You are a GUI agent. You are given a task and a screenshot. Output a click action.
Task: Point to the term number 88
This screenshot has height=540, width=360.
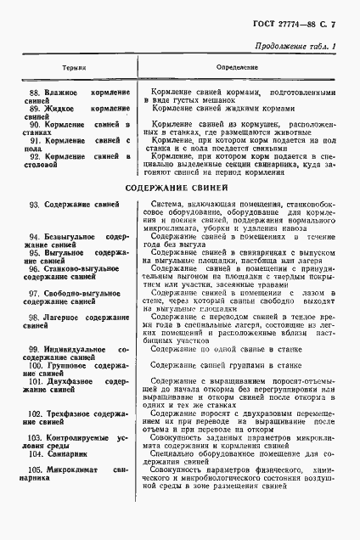36,92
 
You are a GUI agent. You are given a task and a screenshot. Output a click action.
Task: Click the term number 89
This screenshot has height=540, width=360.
36,109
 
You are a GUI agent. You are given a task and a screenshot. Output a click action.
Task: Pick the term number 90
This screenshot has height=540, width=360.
36,125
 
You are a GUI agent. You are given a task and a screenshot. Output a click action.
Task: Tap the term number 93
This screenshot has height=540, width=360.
36,206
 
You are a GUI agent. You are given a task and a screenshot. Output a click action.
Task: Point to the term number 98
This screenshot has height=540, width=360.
36,317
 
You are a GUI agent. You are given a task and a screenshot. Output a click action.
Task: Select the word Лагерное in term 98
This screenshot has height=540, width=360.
67,317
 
